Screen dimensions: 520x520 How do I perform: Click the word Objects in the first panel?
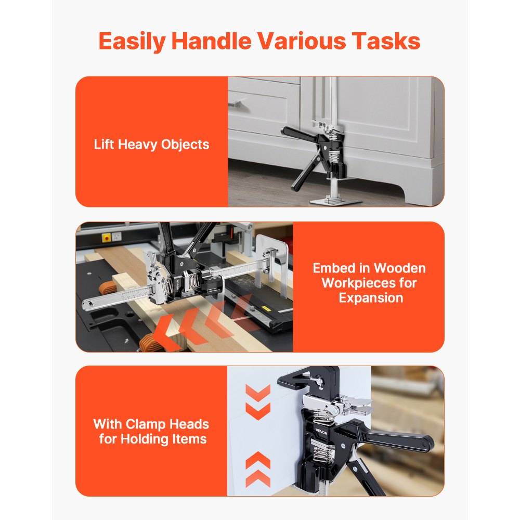click(x=185, y=144)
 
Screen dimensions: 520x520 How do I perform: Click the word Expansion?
click(x=371, y=298)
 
